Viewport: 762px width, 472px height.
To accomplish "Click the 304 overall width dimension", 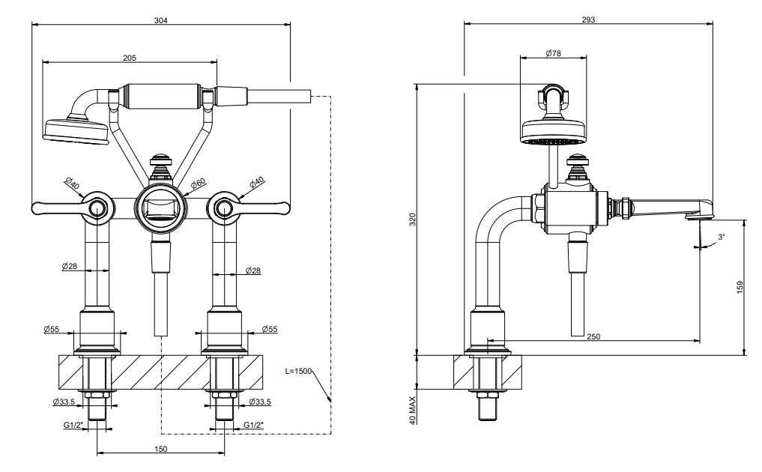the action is coord(161,20).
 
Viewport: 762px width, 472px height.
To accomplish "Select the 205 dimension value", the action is coord(130,58).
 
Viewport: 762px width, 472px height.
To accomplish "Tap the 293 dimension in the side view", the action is coord(588,20).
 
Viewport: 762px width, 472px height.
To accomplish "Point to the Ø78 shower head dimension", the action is coord(553,53).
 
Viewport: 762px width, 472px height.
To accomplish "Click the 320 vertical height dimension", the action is coord(413,220).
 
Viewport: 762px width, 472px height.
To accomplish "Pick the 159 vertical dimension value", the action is coord(740,288).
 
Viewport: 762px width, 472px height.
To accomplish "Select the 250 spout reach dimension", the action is coord(593,336).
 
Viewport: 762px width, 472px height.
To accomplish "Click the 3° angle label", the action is coord(722,237).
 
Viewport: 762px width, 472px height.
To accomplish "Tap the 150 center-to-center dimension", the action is coord(161,449).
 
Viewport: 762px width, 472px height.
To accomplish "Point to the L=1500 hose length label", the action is coord(298,371).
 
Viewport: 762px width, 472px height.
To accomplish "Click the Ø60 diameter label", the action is coord(199,184).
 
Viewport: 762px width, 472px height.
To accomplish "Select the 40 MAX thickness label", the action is coord(413,411).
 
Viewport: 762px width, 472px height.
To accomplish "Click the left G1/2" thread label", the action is coord(73,425).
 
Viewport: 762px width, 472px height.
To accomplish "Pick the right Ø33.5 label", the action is coord(259,402).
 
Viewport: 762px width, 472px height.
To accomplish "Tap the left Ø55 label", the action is coord(51,329).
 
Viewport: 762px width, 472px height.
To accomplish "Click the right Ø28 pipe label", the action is coord(253,270).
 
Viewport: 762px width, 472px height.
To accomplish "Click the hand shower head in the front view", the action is coord(76,130).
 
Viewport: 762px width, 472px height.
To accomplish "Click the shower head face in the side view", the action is coord(552,142).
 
